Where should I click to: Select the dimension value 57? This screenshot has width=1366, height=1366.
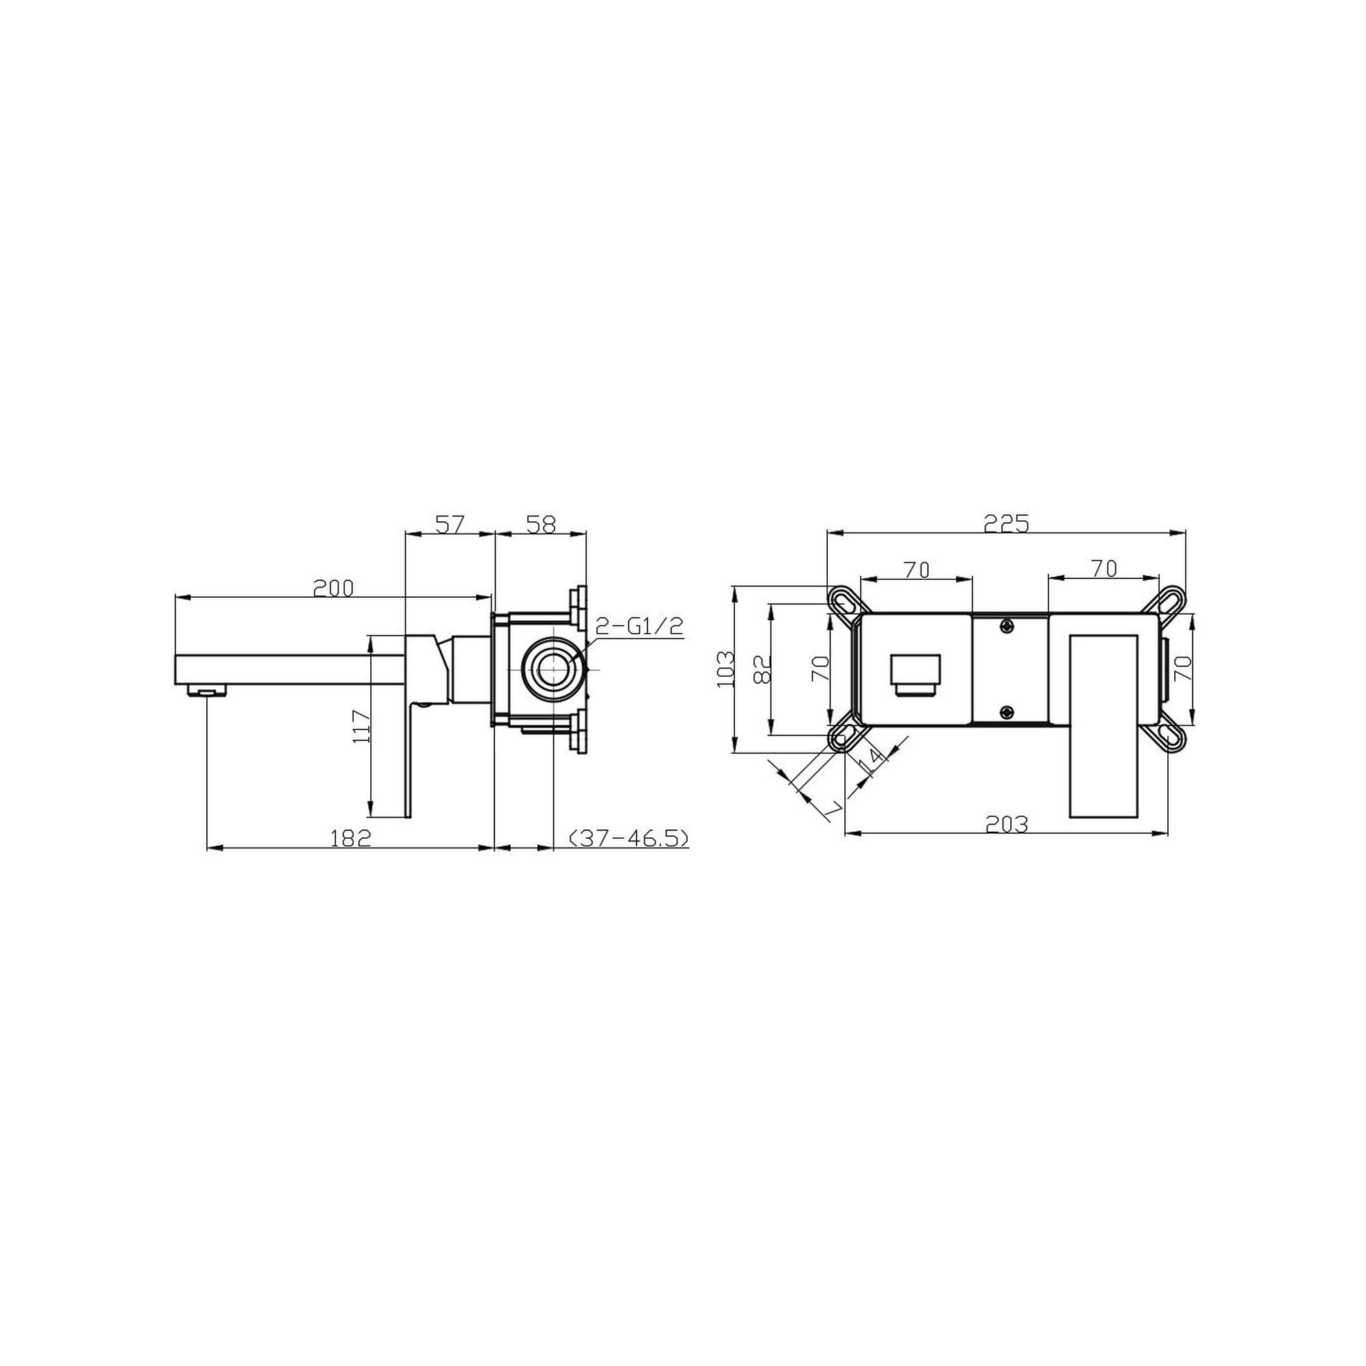(448, 525)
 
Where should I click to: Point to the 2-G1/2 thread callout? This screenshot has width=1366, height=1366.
(639, 625)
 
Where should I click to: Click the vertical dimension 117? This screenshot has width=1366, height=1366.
(361, 725)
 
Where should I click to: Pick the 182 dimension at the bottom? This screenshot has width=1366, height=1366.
(350, 838)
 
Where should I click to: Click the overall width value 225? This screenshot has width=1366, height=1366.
(1006, 524)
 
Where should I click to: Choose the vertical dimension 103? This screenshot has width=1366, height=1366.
(726, 668)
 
